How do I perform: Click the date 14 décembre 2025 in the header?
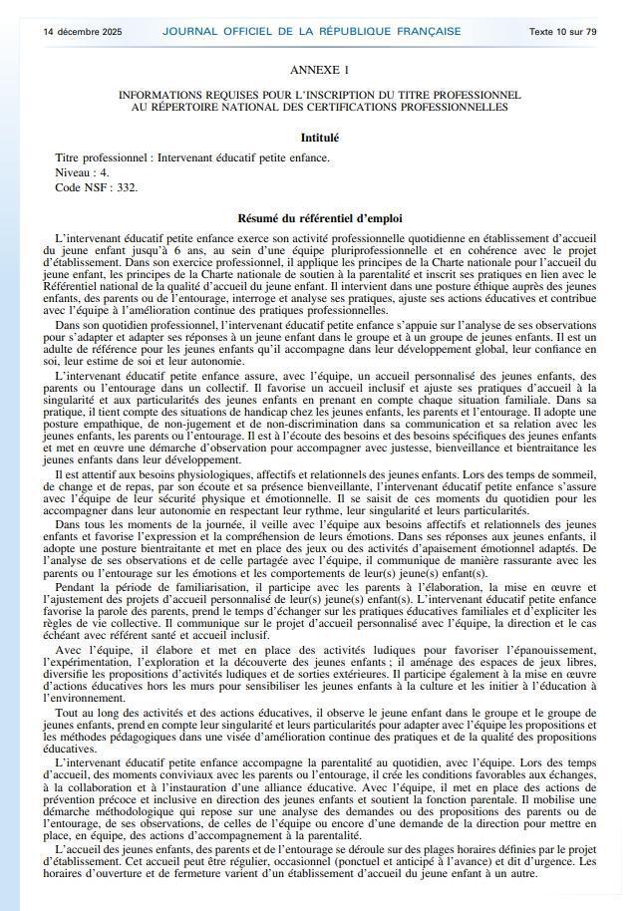(x=83, y=31)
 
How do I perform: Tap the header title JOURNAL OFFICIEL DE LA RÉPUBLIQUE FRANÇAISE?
(x=312, y=31)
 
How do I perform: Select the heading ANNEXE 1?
(x=319, y=70)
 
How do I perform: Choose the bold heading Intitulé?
(x=319, y=138)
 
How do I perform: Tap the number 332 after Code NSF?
(x=124, y=186)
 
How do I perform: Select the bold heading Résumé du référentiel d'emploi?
(x=319, y=218)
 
